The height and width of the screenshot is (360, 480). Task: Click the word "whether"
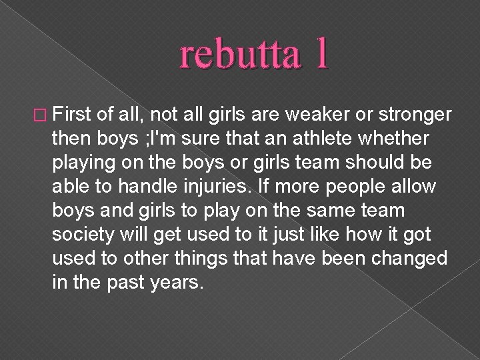(x=399, y=137)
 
